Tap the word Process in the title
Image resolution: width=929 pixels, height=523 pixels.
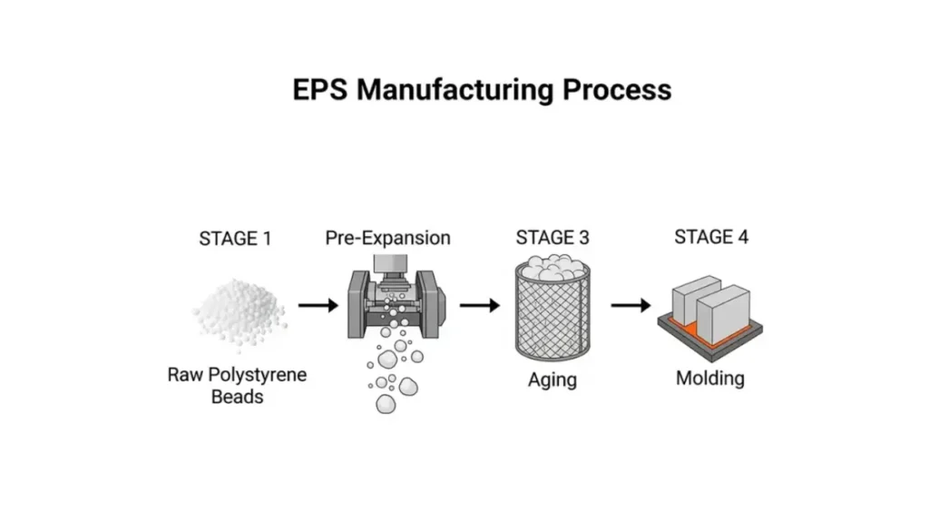click(x=616, y=90)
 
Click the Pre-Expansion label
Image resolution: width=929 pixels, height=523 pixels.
click(x=387, y=239)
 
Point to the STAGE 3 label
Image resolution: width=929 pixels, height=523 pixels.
click(x=552, y=238)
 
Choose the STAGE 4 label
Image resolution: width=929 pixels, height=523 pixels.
click(x=710, y=237)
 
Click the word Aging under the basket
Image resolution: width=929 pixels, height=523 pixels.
click(x=552, y=380)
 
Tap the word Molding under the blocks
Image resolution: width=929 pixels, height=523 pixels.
click(x=710, y=378)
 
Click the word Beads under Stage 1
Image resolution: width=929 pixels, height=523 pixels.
click(x=239, y=396)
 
